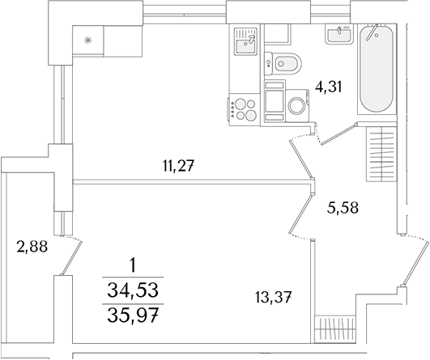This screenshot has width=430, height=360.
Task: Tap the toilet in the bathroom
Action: [x=285, y=62]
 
